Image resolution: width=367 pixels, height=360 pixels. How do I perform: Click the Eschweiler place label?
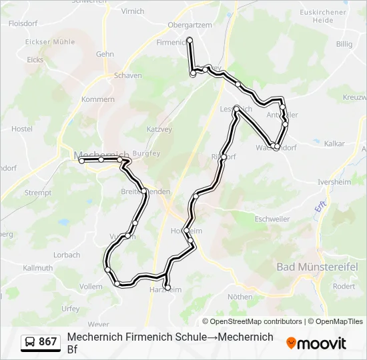tap(272, 219)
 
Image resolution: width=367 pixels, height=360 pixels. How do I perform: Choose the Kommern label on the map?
tap(98, 99)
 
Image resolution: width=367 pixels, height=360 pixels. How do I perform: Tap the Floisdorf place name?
tap(23, 22)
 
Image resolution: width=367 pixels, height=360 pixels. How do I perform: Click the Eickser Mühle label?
tap(50, 41)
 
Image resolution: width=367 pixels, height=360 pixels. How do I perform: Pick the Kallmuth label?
tap(37, 267)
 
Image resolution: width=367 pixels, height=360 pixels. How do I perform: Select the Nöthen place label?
tap(240, 297)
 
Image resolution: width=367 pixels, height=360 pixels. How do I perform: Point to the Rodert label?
tap(344, 286)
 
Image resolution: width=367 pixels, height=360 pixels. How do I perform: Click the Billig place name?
tap(344, 44)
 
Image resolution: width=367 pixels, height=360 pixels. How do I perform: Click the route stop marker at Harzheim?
tap(167, 288)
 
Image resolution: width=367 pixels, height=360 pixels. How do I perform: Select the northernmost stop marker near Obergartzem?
tap(190, 40)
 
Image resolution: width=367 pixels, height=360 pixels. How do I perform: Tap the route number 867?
tap(48, 342)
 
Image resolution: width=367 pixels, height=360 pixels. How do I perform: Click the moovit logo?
tap(316, 343)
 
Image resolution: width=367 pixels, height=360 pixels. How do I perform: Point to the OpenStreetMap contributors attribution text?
tap(252, 321)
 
